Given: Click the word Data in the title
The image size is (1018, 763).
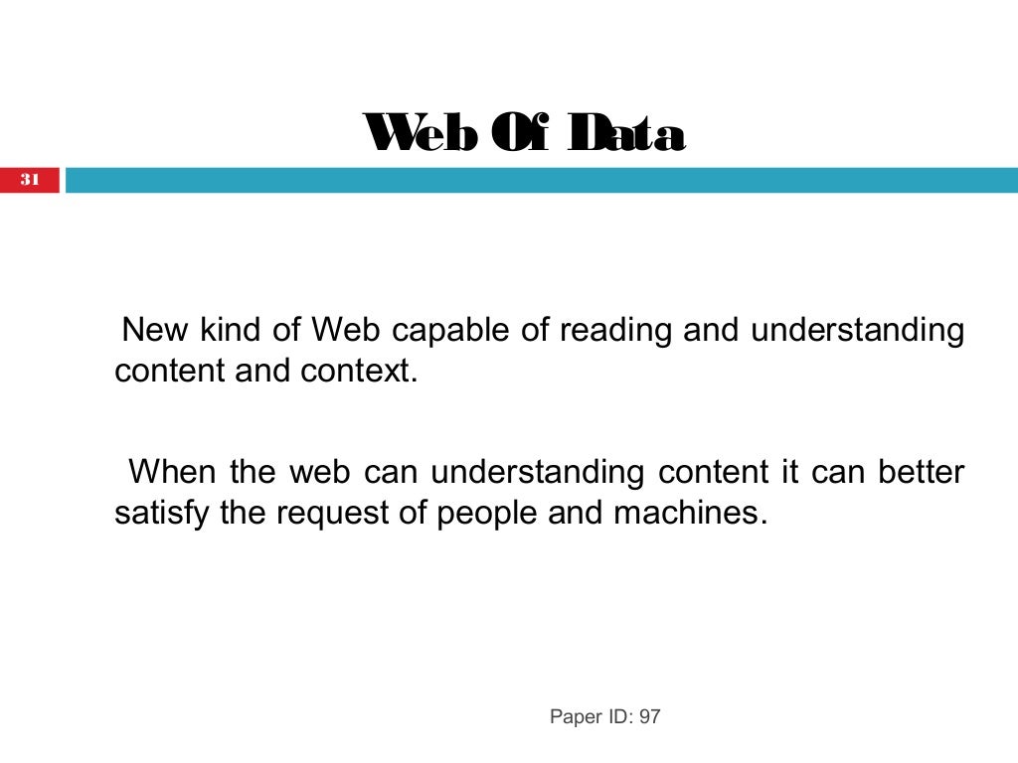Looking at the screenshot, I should (x=625, y=134).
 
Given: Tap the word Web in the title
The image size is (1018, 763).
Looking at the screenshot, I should (x=419, y=134).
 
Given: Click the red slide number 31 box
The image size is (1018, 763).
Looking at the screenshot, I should (x=30, y=180).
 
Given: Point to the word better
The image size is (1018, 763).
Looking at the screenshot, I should (x=921, y=471).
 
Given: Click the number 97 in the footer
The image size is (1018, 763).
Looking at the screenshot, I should (x=649, y=716).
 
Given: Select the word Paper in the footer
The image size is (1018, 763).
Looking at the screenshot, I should (x=575, y=716).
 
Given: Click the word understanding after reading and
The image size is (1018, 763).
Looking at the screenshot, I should (x=857, y=330).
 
